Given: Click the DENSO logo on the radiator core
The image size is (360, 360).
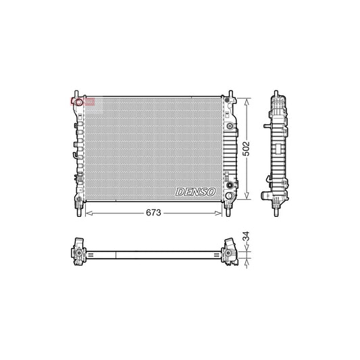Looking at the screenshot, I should pyautogui.click(x=196, y=192).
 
